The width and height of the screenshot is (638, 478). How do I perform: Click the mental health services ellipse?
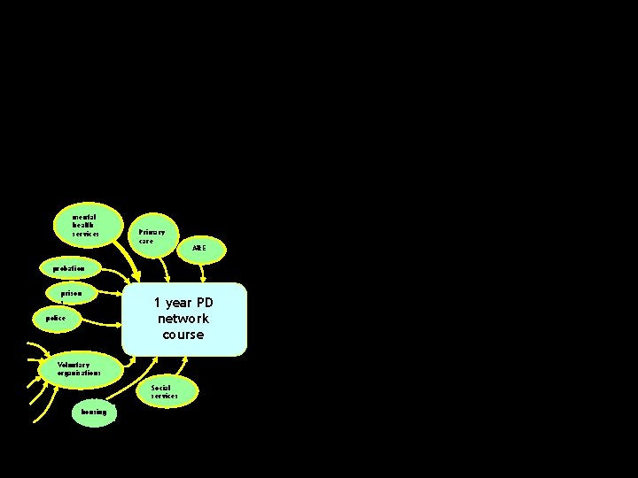pos(85,226)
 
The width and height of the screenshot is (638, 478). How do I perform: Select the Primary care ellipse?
pos(152,236)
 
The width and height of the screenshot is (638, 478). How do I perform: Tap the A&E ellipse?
pos(200,249)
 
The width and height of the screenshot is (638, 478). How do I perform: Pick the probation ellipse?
pos(69,268)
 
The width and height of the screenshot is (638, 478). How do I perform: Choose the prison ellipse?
pos(71,293)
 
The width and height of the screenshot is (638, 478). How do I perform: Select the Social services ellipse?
pos(164,391)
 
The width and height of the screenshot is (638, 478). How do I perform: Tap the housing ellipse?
pos(93,412)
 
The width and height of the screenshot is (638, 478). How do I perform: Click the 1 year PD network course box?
pos(183,319)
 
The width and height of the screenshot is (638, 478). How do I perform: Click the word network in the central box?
pos(183,319)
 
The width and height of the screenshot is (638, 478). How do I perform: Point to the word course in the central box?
pos(183,335)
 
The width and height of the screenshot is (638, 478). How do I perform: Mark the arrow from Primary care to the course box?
pos(166,268)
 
